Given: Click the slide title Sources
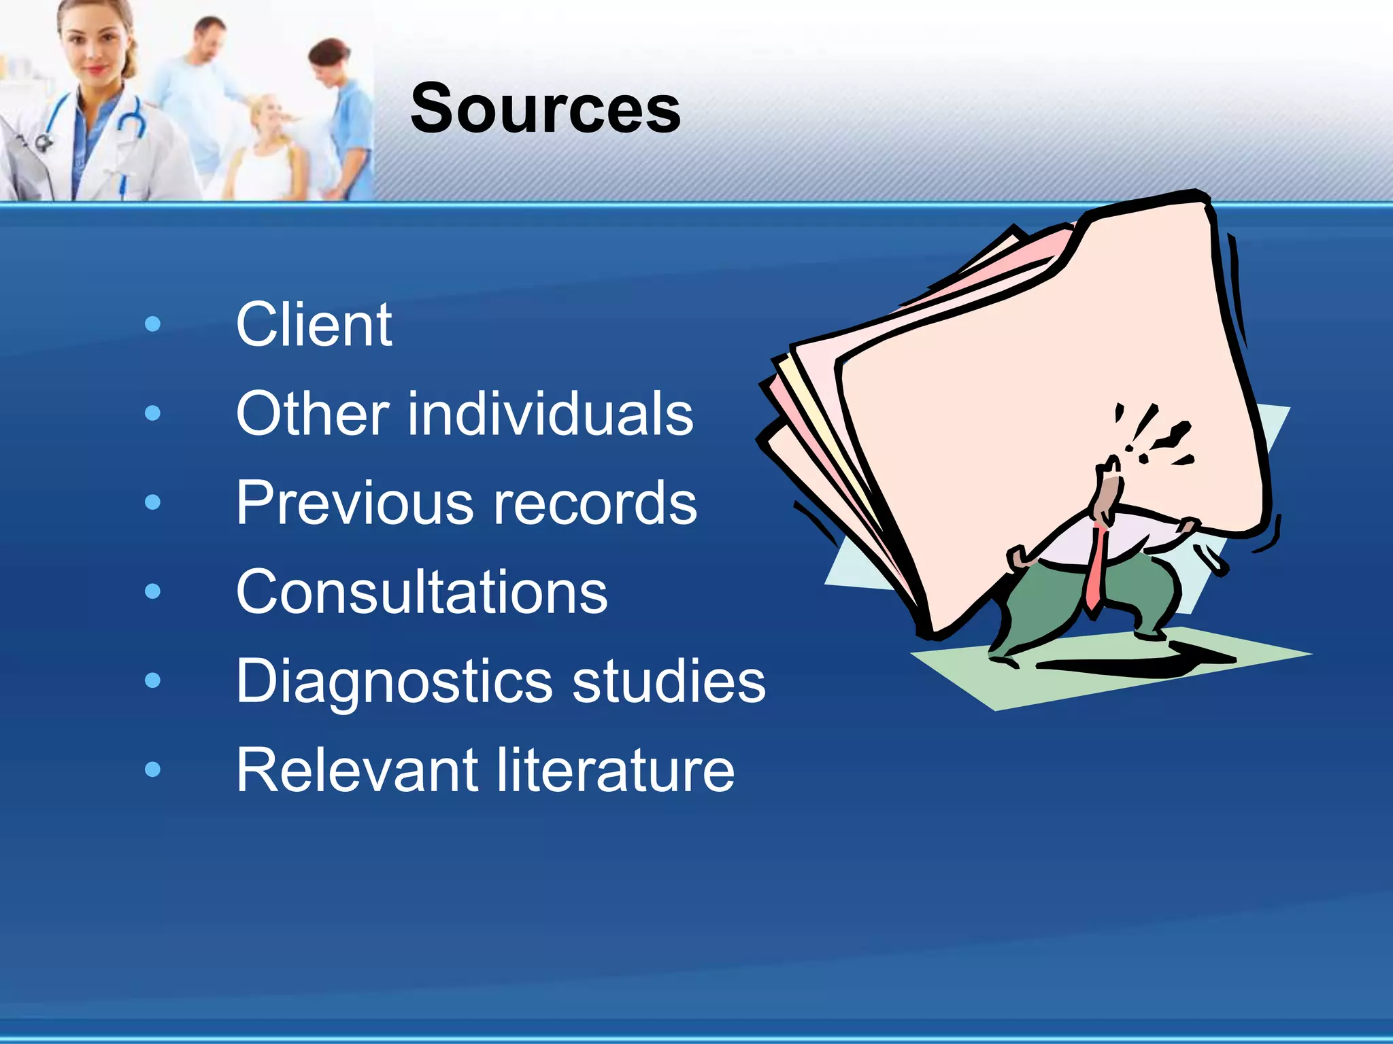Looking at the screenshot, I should point(546,109).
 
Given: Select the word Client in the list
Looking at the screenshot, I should point(314,325).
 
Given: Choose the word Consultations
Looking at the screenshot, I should point(422,592).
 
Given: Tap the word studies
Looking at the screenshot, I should point(669,681).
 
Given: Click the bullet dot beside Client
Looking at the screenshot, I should point(153,324).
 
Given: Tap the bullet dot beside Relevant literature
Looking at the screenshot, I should point(153,769).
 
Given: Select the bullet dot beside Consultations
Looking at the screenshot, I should point(153,591).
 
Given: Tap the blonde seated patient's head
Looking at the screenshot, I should point(269,116).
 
